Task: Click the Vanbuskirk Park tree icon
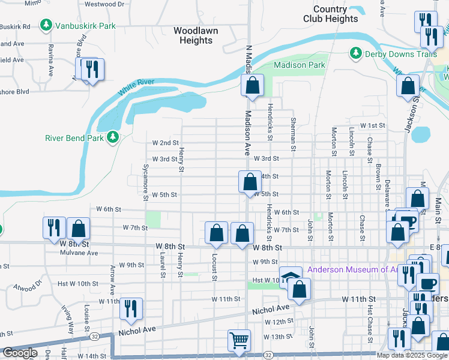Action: click(45, 26)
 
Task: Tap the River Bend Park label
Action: click(75, 137)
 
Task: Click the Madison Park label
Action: click(299, 65)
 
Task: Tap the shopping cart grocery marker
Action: click(239, 340)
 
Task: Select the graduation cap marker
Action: click(291, 277)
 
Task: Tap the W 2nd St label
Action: click(166, 143)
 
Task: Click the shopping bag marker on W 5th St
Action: click(249, 181)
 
